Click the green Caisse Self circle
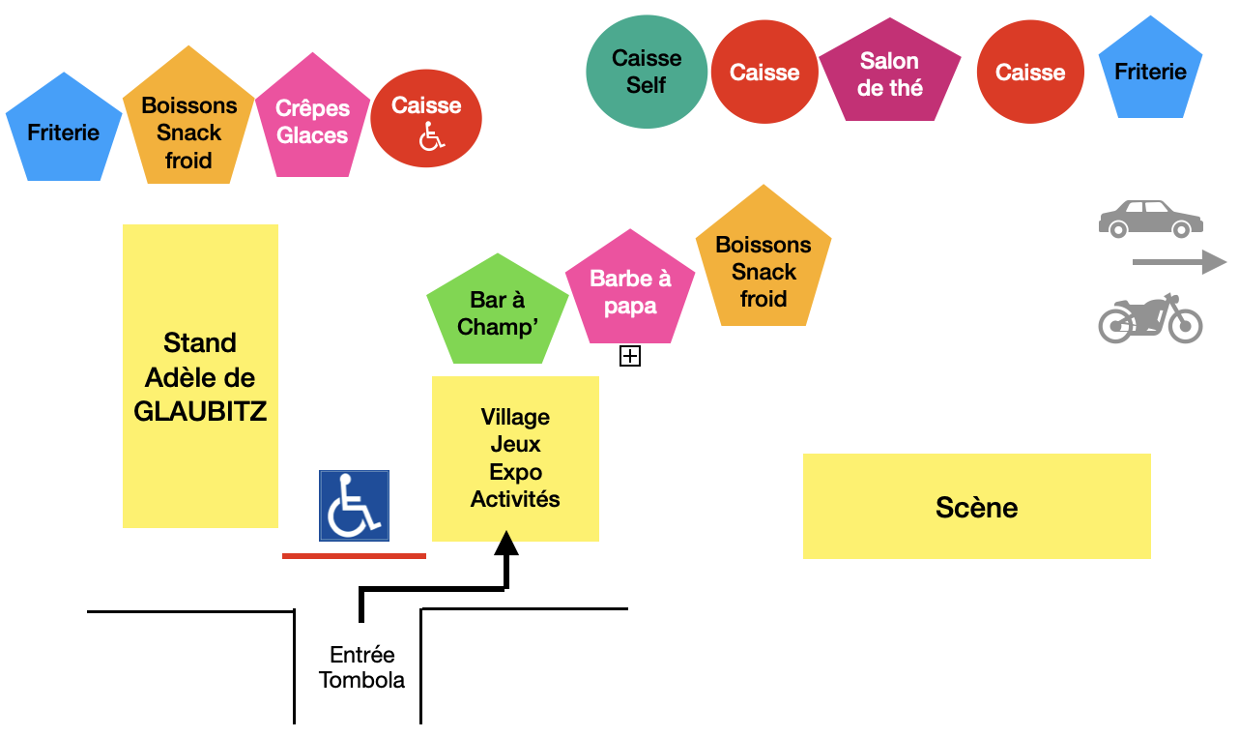[x=647, y=72]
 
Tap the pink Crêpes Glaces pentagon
[x=312, y=122]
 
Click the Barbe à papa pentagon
[x=630, y=291]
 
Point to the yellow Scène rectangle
[x=976, y=507]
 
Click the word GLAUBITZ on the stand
[x=200, y=412]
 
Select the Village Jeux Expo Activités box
[x=515, y=458]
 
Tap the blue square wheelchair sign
[x=355, y=505]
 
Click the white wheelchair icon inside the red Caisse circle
[x=431, y=138]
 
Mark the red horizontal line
[x=354, y=556]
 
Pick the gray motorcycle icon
[x=1150, y=318]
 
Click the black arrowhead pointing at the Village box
[x=506, y=545]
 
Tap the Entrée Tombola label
[x=361, y=667]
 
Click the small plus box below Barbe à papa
[x=630, y=357]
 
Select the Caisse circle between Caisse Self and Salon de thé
[x=764, y=72]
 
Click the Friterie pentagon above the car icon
[x=1150, y=71]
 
